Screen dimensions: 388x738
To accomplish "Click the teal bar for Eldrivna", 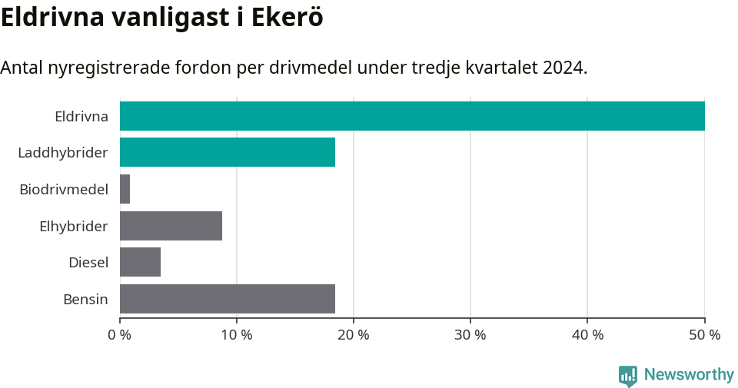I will [x=412, y=116].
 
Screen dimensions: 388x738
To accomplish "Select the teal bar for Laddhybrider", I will [x=228, y=152].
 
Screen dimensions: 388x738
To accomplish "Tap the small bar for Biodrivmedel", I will [x=125, y=189].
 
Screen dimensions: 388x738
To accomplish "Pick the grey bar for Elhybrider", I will [x=171, y=226].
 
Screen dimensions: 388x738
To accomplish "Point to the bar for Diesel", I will [x=140, y=262].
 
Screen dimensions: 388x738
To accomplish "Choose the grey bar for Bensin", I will [x=228, y=299].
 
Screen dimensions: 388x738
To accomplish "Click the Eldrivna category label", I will [x=81, y=117].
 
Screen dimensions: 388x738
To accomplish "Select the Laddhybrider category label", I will [x=62, y=153].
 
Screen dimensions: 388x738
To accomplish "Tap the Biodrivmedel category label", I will [x=63, y=189].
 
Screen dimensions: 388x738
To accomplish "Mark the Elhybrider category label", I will [x=73, y=226].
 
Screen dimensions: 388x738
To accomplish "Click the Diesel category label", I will [x=88, y=263].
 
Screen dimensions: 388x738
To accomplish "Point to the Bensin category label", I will [x=85, y=299].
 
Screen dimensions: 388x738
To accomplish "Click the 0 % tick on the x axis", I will [x=120, y=335].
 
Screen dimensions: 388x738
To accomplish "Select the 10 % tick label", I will [x=237, y=335].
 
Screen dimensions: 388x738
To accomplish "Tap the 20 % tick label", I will [x=354, y=335].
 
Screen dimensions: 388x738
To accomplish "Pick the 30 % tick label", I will [x=470, y=335].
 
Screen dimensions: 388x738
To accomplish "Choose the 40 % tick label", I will [x=587, y=335].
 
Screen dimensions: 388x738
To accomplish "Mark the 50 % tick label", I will [x=704, y=335].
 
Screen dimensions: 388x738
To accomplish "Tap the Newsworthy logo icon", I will [x=627, y=375].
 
